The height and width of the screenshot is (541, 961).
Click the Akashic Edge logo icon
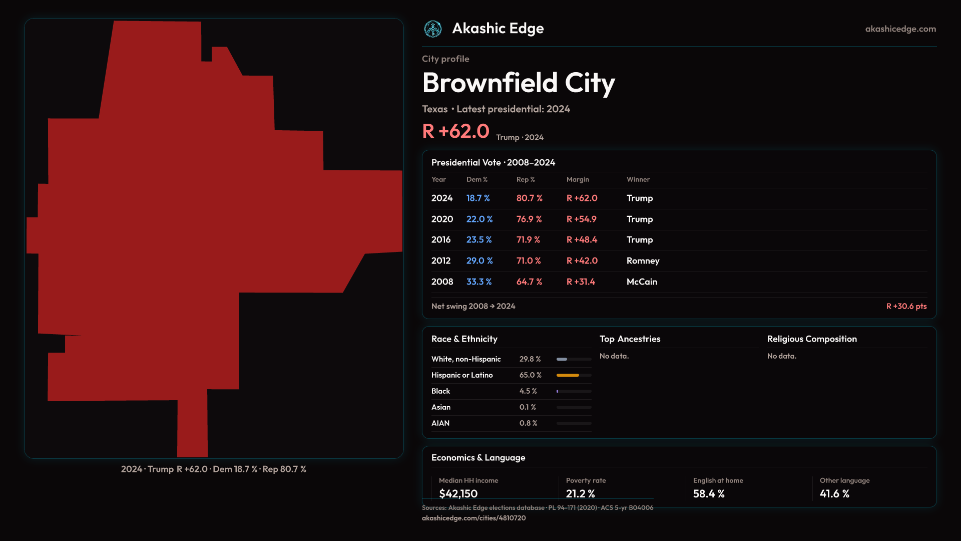pyautogui.click(x=433, y=29)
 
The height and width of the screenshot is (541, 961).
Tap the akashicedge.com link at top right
pyautogui.click(x=900, y=29)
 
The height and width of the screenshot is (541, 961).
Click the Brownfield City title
pyautogui.click(x=519, y=83)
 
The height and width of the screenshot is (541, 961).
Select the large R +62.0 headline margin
pyautogui.click(x=455, y=131)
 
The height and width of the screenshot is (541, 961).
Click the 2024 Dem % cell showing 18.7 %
pyautogui.click(x=478, y=198)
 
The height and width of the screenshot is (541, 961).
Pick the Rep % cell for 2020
pyautogui.click(x=529, y=219)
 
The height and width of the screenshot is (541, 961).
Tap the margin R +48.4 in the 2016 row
pyautogui.click(x=582, y=240)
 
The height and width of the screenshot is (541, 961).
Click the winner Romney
pyautogui.click(x=643, y=261)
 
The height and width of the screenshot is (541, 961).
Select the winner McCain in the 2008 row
pyautogui.click(x=642, y=282)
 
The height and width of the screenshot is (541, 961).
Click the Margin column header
pyautogui.click(x=578, y=180)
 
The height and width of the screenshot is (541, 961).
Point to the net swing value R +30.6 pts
pyautogui.click(x=906, y=306)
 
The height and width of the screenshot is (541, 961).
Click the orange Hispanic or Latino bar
pyautogui.click(x=568, y=375)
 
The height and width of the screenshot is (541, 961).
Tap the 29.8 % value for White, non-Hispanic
pyautogui.click(x=530, y=359)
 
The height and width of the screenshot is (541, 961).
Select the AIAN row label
pyautogui.click(x=440, y=423)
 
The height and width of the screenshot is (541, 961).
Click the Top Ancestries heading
pyautogui.click(x=630, y=339)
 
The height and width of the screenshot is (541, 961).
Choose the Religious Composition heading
pyautogui.click(x=812, y=339)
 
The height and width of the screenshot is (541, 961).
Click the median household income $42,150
pyautogui.click(x=458, y=494)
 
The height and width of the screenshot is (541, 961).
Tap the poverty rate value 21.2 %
pyautogui.click(x=580, y=494)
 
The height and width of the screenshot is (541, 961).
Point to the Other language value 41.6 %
pyautogui.click(x=834, y=494)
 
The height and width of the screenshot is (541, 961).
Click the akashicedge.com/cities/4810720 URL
pyautogui.click(x=473, y=518)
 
